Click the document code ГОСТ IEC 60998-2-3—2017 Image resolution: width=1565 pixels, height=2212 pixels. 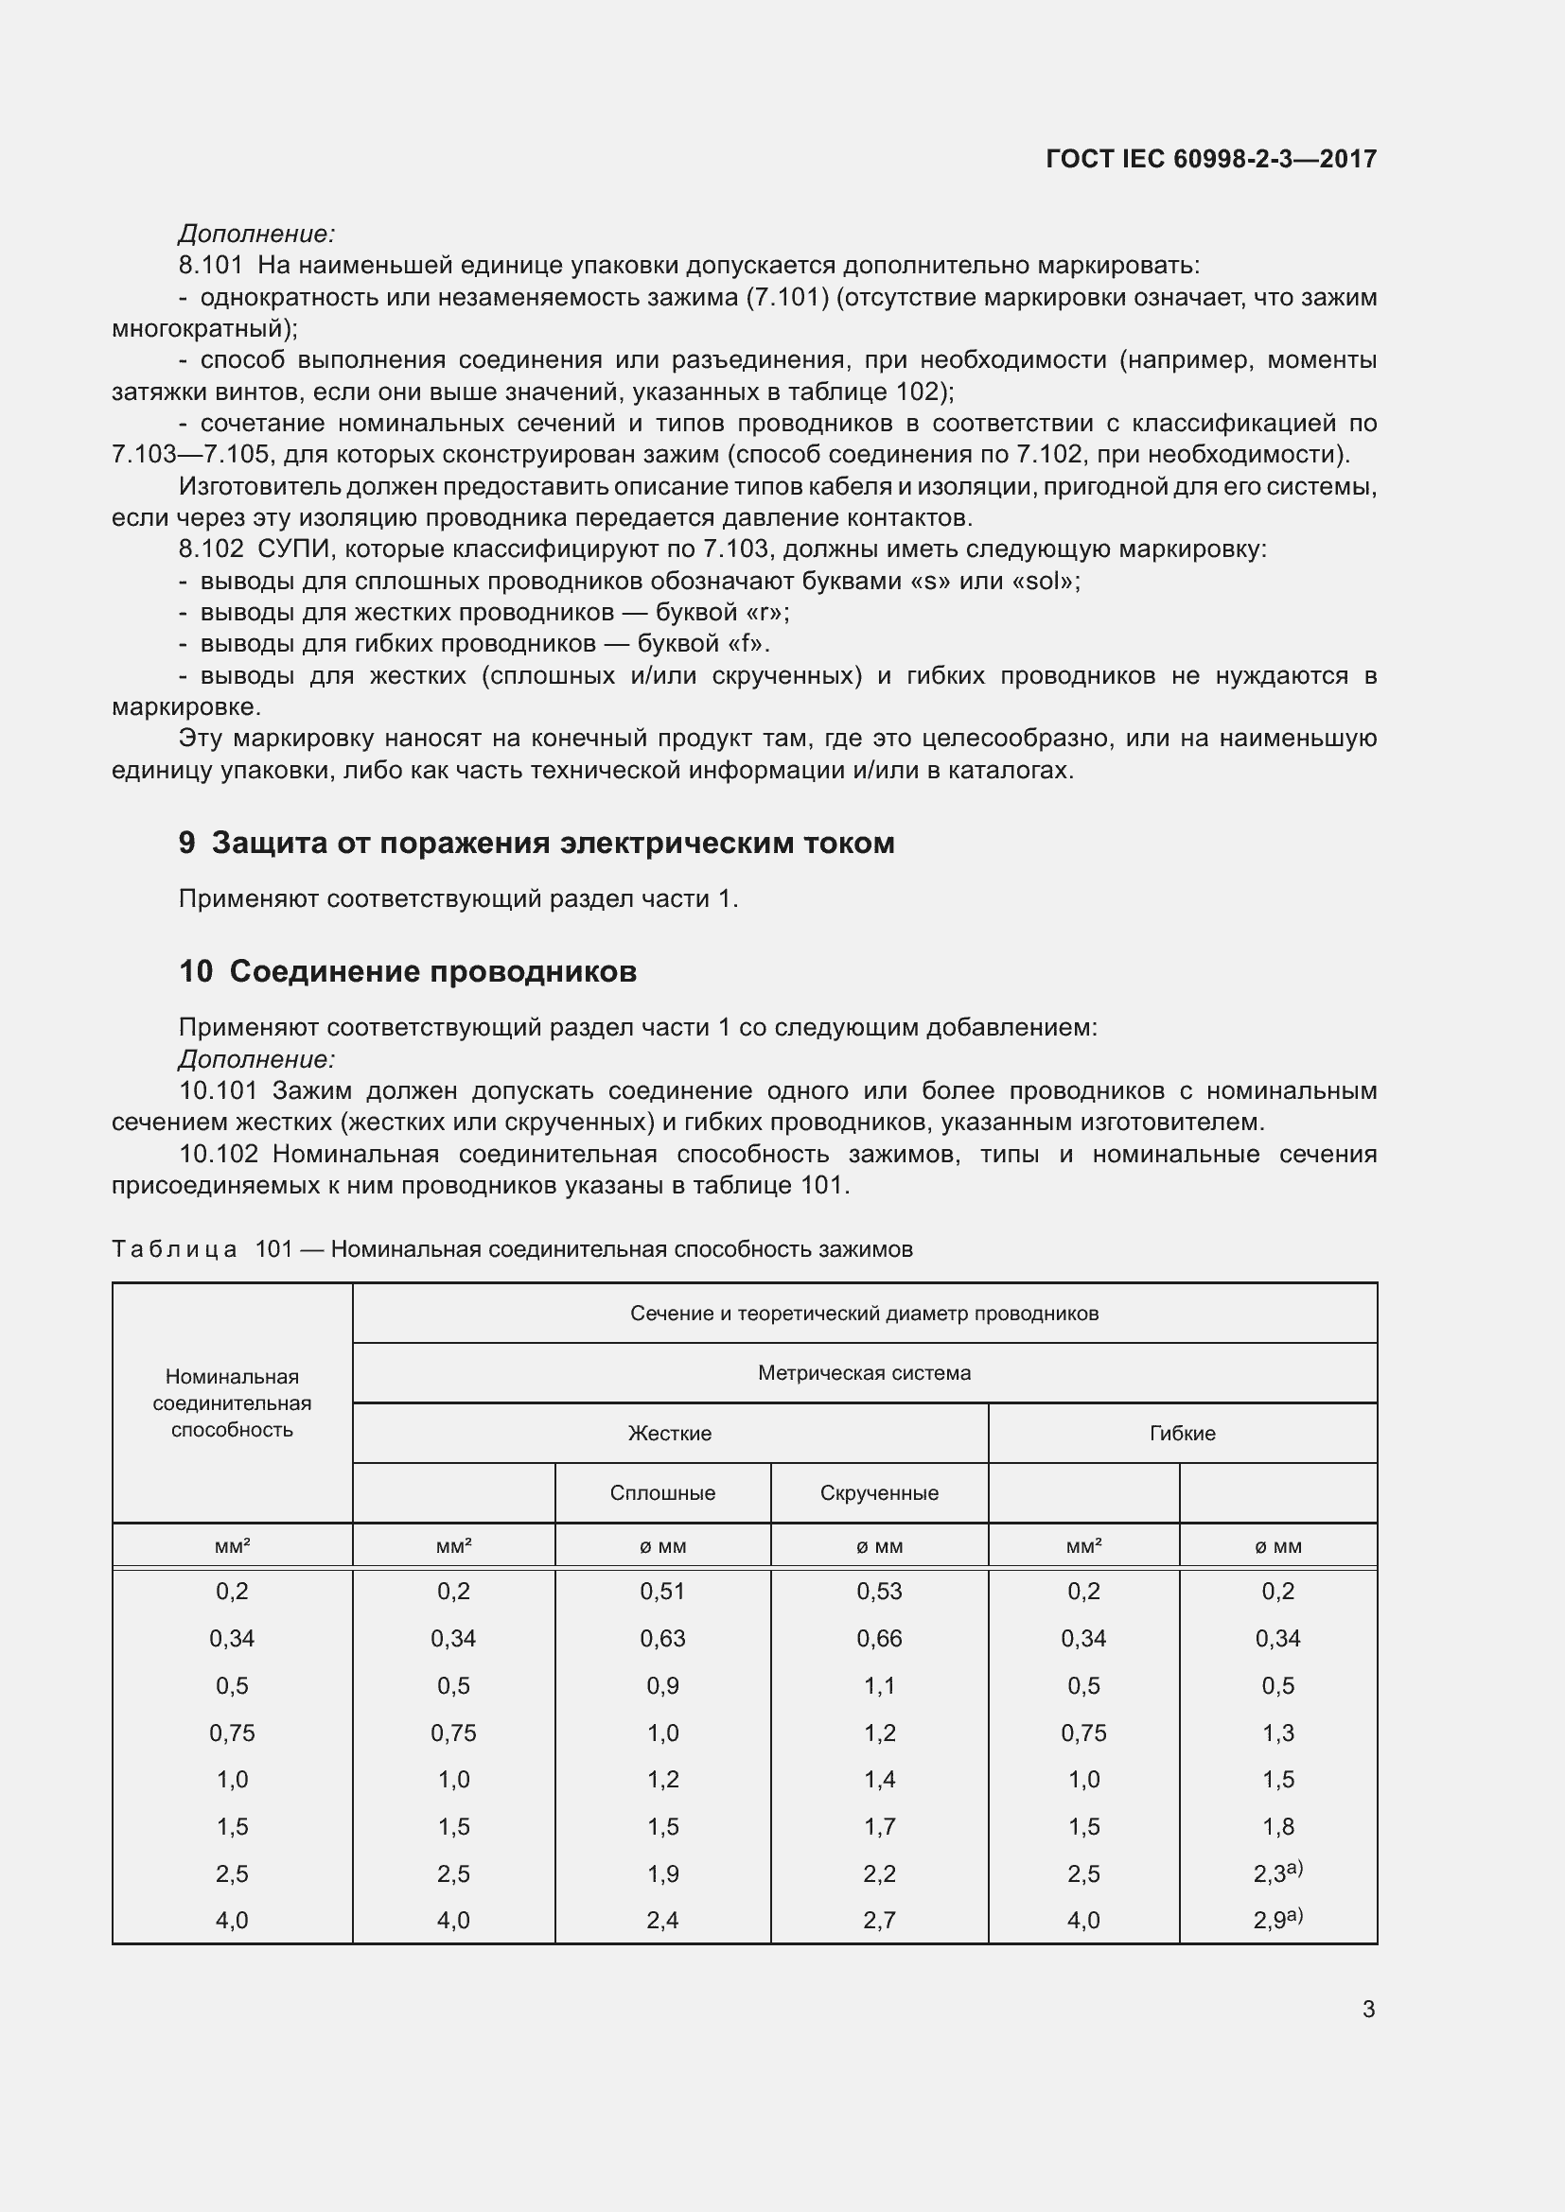(x=1210, y=159)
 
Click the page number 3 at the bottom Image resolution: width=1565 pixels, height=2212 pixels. (x=1368, y=2009)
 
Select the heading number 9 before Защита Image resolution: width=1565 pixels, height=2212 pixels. (x=187, y=843)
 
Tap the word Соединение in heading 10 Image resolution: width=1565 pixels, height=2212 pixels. (x=324, y=971)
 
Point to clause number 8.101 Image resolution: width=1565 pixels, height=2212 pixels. (x=211, y=265)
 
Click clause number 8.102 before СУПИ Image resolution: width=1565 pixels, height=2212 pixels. (x=211, y=549)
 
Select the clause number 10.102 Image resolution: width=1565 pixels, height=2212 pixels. (x=219, y=1154)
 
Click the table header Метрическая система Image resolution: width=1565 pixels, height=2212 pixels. (x=864, y=1373)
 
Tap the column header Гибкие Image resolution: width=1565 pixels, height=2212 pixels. (x=1182, y=1434)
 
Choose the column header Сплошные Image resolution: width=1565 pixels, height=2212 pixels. (x=662, y=1493)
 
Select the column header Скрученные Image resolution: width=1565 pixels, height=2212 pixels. (x=879, y=1493)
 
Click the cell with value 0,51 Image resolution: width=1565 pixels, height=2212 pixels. (x=662, y=1592)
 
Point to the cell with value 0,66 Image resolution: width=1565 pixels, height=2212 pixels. (x=879, y=1639)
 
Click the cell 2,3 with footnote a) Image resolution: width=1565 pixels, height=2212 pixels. (x=1276, y=1873)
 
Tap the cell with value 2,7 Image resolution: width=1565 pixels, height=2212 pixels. (x=879, y=1921)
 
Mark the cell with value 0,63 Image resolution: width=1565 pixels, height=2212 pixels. (x=662, y=1639)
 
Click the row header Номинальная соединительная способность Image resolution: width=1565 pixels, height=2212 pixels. (x=232, y=1402)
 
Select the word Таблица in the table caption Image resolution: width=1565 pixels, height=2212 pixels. (x=174, y=1249)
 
